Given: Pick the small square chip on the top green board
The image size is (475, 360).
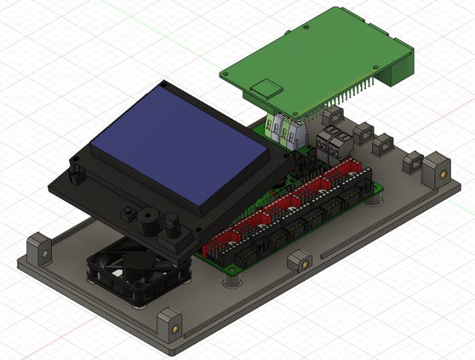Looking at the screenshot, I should (x=268, y=85).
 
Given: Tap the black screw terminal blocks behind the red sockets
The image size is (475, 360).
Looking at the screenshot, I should (x=334, y=140).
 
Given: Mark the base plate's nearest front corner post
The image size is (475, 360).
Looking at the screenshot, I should (x=169, y=324).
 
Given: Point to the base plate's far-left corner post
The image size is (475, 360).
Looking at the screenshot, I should (x=37, y=249).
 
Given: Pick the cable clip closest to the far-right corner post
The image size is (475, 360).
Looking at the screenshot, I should (x=412, y=162).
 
